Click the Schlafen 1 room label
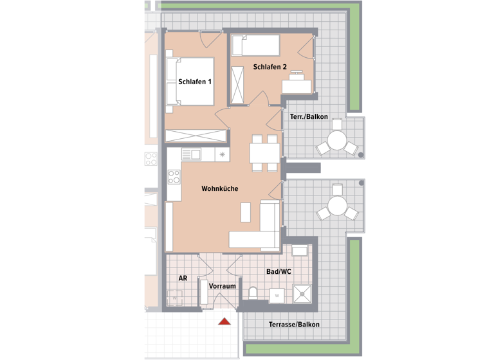tap(195, 82)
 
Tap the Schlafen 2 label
tap(270, 66)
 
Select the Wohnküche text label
tap(220, 189)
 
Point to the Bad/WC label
tap(279, 272)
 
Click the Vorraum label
tap(223, 285)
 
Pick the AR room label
tap(183, 278)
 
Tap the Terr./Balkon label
tap(314, 117)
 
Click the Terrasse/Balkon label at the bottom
tap(294, 325)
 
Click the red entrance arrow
tap(224, 321)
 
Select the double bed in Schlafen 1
tap(190, 81)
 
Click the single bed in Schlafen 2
tap(255, 46)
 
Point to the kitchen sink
tap(192, 155)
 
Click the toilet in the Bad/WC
tap(253, 294)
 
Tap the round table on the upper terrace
tap(336, 141)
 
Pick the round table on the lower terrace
tap(336, 206)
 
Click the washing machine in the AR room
tap(174, 298)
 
